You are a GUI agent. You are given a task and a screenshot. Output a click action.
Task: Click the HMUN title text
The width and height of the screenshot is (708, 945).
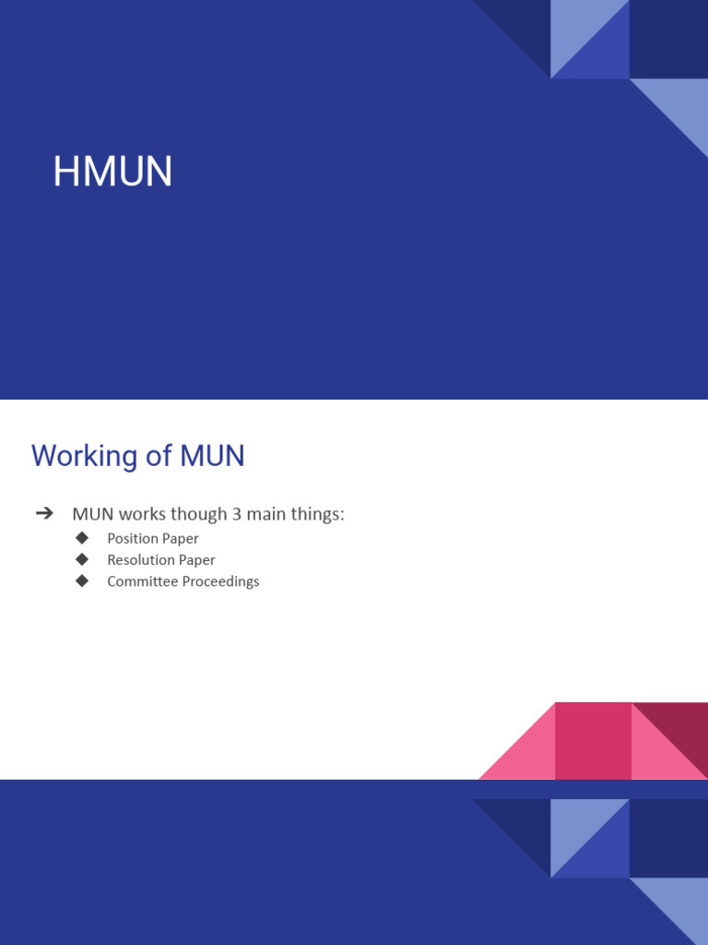point(112,173)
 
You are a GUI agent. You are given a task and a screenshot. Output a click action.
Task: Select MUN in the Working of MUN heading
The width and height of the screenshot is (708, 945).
point(213,456)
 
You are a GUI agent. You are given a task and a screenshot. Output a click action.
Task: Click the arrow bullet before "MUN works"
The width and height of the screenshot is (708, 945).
point(43,514)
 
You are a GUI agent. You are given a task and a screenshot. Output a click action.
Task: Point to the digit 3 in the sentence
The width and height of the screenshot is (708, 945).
point(237,514)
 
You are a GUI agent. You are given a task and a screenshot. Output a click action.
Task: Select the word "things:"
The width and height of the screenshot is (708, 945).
point(319,514)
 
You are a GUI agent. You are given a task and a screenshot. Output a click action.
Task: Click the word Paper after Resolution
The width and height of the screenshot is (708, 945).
point(197,560)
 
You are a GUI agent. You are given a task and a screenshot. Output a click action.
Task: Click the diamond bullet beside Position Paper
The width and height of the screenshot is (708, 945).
point(82,537)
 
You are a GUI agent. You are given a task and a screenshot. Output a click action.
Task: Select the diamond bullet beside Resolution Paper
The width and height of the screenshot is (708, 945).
point(82,559)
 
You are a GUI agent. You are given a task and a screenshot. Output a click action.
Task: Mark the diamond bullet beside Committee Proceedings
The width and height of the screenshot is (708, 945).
point(82,580)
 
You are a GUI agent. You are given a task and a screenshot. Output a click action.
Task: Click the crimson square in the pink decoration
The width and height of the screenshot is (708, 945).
point(593,740)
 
